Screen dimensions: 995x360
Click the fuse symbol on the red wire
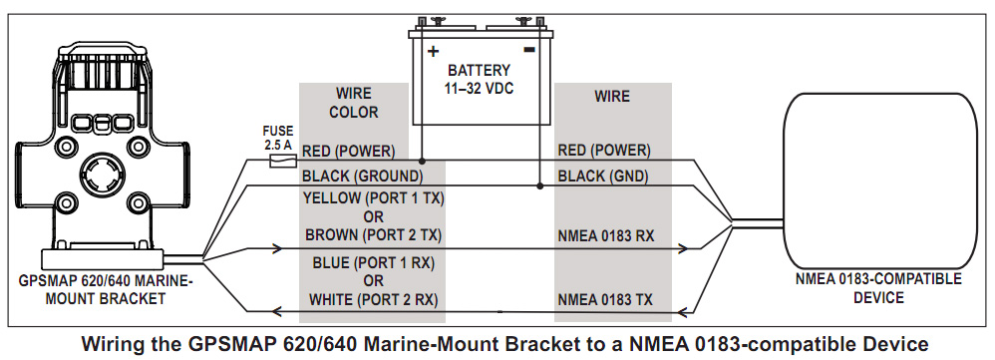click(282, 162)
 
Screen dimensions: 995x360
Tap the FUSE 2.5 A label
click(278, 138)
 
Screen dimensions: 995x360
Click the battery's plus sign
click(434, 50)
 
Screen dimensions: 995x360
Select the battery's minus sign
click(529, 49)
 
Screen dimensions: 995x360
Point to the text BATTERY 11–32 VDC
click(480, 80)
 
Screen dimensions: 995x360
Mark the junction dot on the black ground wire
click(540, 186)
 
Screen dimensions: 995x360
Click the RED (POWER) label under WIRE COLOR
click(348, 152)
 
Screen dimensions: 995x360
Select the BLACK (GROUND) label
click(362, 176)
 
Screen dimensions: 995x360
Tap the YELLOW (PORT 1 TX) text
click(373, 198)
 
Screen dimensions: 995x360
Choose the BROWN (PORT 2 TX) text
click(373, 235)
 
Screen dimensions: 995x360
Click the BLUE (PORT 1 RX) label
click(373, 262)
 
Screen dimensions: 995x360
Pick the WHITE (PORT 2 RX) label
click(373, 299)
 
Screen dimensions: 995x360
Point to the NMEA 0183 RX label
click(606, 235)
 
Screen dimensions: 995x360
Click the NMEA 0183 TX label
click(605, 299)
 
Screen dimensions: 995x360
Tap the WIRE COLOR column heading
click(354, 103)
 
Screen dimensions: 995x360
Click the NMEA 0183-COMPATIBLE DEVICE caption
click(878, 288)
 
